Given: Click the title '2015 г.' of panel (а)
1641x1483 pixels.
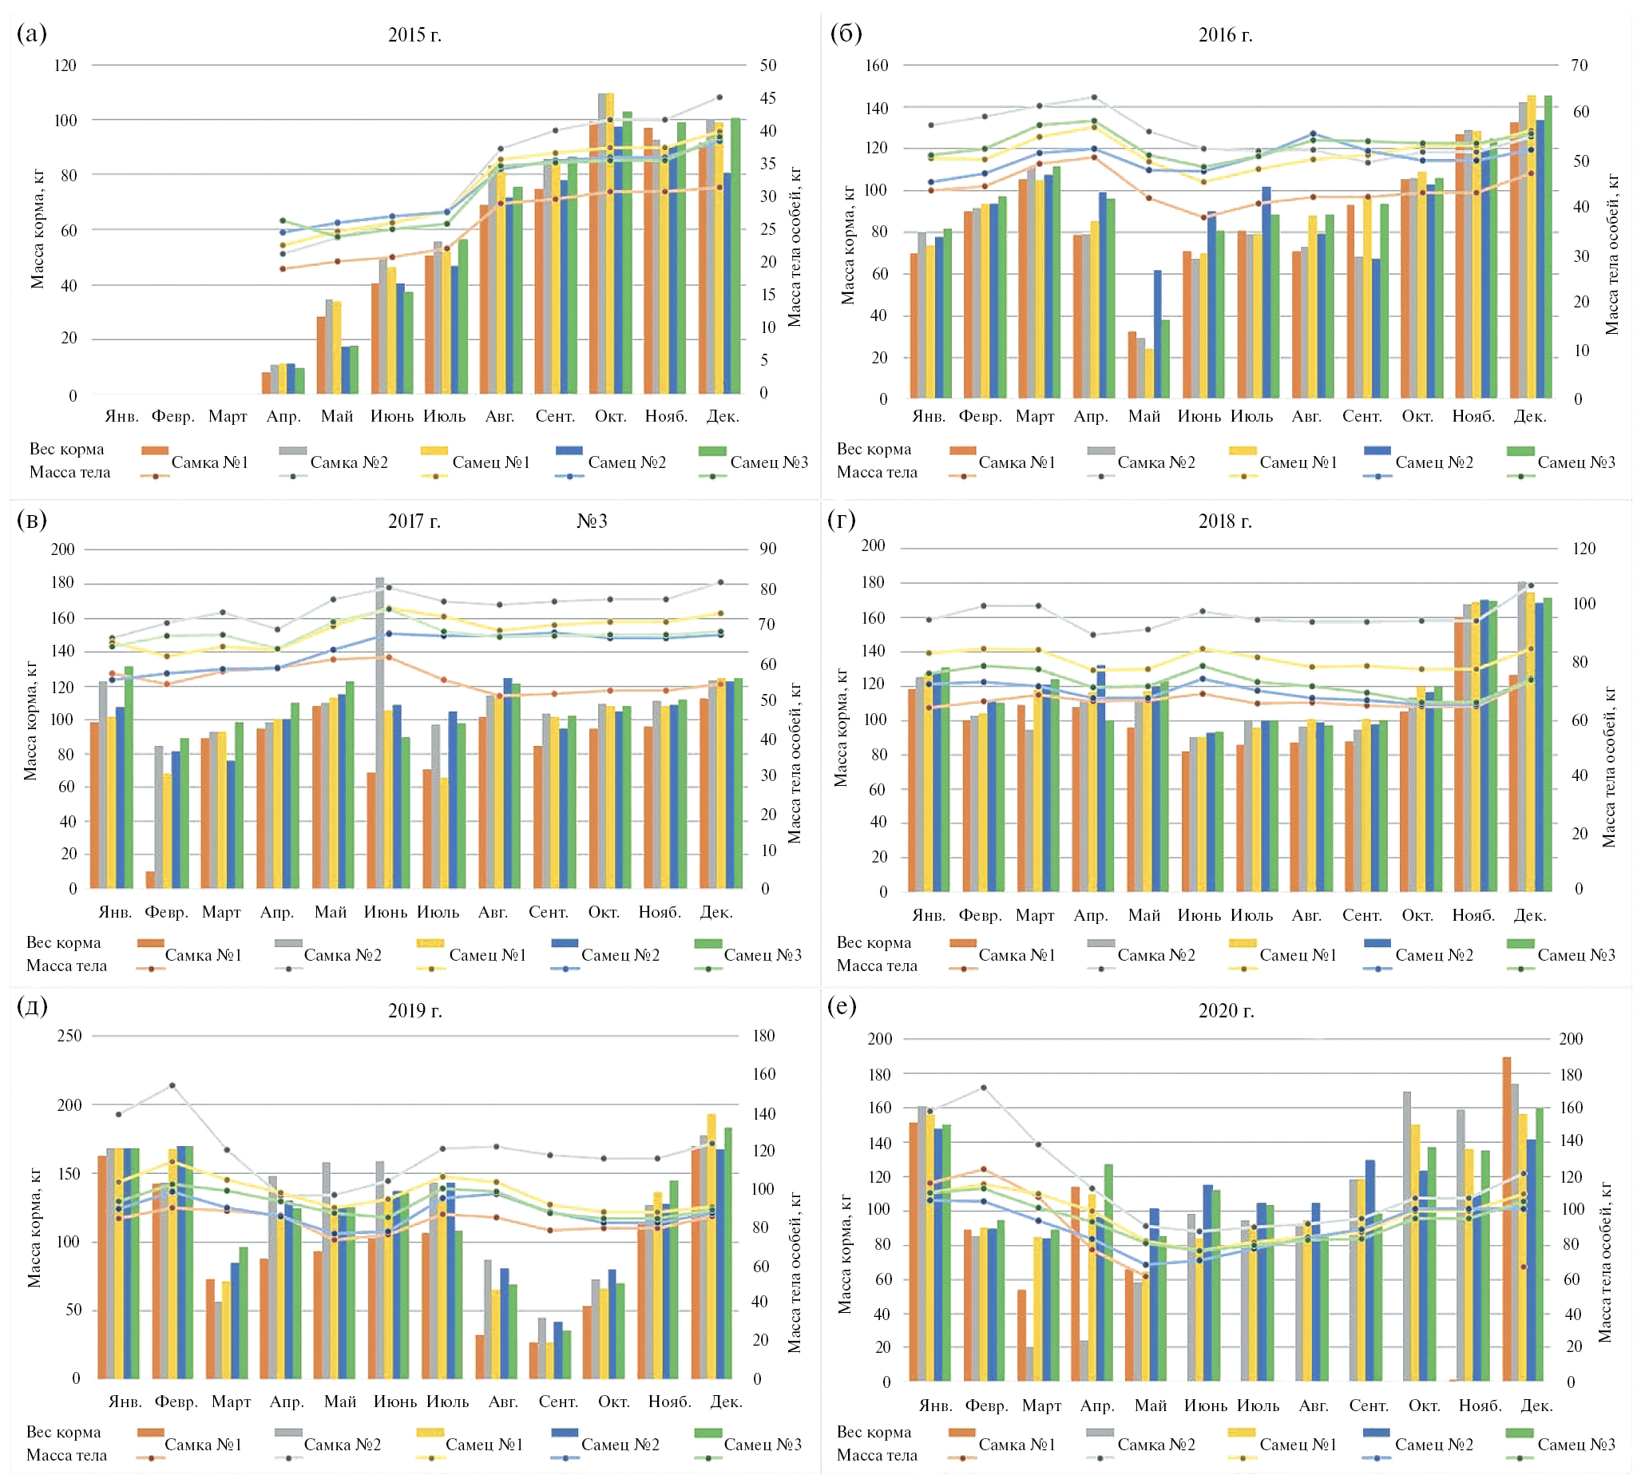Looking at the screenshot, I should [414, 35].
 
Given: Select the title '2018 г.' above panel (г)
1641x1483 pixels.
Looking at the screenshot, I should [1224, 521].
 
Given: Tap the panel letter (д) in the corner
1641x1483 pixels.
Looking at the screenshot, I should [32, 1006].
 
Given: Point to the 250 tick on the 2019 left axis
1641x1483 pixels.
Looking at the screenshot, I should [69, 1035].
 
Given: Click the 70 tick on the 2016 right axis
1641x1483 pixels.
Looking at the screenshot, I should [1579, 65].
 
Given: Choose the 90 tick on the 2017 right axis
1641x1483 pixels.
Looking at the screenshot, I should [767, 549].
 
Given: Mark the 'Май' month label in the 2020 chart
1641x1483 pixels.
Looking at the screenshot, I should [1150, 1405].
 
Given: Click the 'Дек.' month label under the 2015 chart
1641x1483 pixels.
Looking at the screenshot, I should [722, 416].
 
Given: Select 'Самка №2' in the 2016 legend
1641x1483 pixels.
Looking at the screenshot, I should [1155, 462].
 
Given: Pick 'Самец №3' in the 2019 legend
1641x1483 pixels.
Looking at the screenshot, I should [762, 1444].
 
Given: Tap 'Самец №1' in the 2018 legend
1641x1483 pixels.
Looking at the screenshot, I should [1298, 955].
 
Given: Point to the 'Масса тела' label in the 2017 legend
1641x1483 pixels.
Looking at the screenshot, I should [67, 966].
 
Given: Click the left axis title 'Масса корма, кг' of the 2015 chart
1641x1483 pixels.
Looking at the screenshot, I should [38, 228].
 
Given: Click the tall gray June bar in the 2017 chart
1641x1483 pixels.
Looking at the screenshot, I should [379, 732].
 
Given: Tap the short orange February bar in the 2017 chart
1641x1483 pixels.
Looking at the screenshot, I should [151, 879].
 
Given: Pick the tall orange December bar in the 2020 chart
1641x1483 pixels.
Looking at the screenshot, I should [1507, 1218].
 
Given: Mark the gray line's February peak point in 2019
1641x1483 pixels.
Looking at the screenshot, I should [172, 1085].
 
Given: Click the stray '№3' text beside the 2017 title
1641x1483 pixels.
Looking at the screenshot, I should [592, 521].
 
